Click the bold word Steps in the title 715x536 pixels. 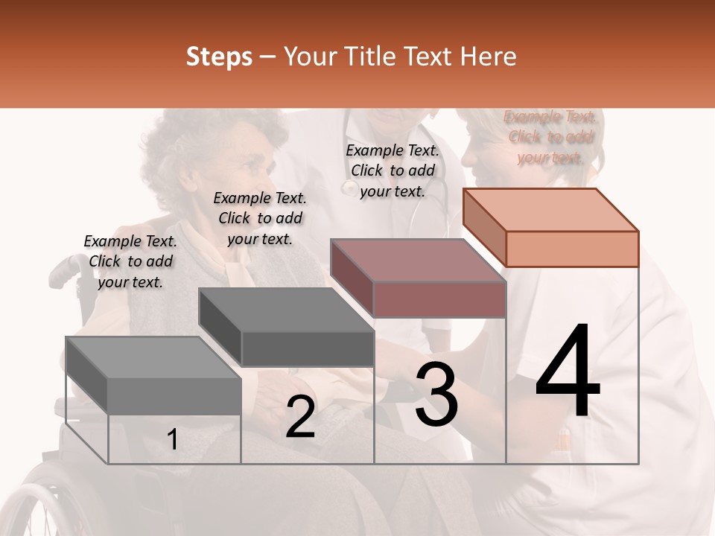point(219,57)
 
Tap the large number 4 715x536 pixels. point(568,372)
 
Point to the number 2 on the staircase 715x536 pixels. point(300,418)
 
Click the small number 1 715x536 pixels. point(172,440)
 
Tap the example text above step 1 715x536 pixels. point(130,261)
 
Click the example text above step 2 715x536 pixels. point(260,218)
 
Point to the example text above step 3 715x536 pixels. point(393,170)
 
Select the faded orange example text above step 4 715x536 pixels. point(550,137)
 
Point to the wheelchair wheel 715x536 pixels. point(37,506)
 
